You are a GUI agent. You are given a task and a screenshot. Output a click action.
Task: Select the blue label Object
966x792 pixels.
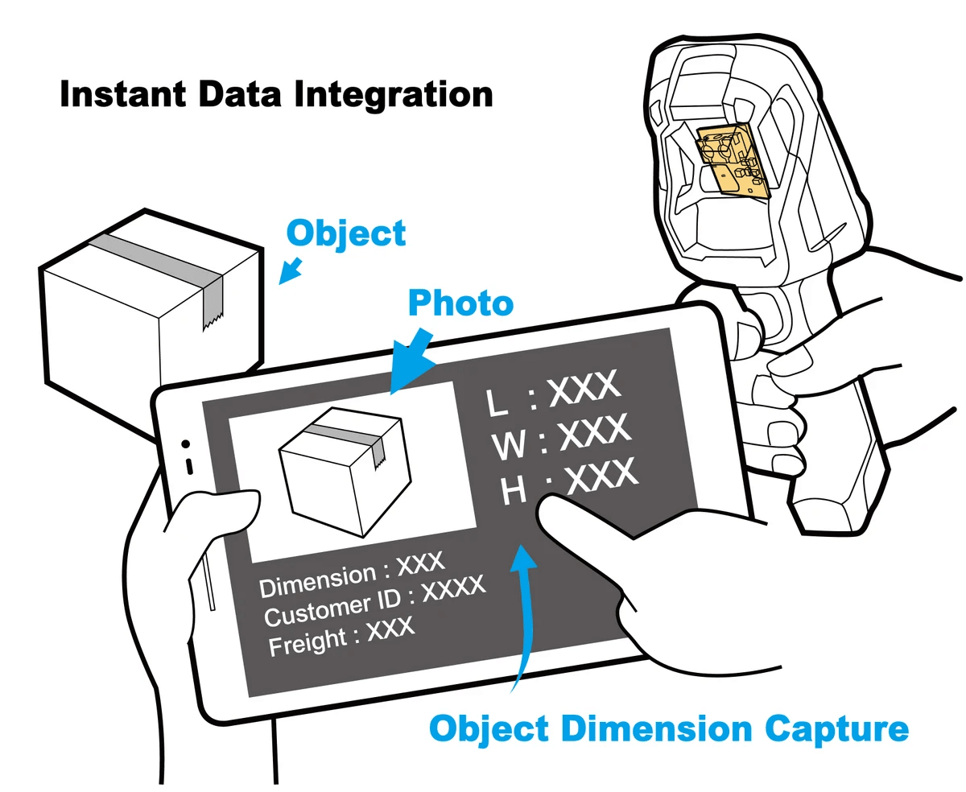(x=347, y=233)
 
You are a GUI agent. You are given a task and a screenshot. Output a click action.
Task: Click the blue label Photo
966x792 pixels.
(x=460, y=303)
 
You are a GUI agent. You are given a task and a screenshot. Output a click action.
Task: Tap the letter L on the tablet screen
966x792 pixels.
(x=498, y=402)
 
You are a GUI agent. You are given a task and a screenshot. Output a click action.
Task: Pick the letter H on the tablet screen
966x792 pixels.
(x=514, y=490)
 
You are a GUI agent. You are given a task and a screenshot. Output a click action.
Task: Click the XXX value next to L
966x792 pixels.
(x=584, y=389)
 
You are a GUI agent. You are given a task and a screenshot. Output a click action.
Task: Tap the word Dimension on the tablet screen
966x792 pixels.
(x=318, y=581)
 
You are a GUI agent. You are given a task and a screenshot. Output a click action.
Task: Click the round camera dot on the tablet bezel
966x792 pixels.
(x=186, y=443)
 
